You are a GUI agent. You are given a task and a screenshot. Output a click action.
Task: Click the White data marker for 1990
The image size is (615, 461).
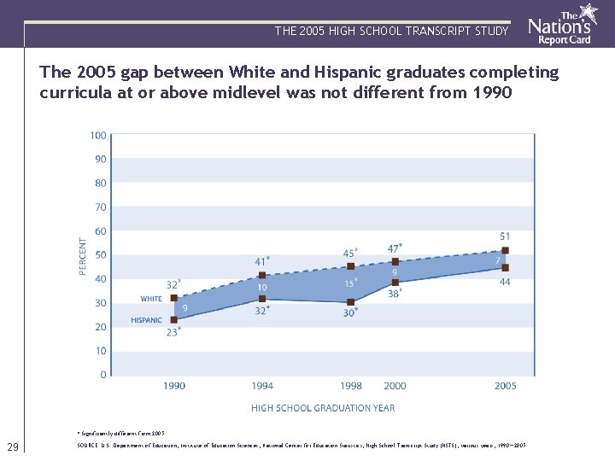[x=174, y=298]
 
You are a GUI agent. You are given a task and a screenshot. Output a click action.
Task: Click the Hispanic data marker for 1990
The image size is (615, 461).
[x=174, y=319]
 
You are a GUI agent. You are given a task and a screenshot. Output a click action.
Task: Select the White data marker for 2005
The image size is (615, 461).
[x=506, y=251]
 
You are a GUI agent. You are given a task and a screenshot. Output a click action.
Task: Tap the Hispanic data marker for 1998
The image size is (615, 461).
[x=351, y=302]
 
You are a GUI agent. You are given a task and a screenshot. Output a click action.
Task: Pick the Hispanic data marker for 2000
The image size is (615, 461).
[x=395, y=283]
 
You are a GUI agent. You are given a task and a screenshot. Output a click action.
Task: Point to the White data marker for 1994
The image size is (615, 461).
[x=262, y=276]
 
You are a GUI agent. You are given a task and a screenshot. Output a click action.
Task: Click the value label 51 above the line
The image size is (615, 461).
[x=505, y=236]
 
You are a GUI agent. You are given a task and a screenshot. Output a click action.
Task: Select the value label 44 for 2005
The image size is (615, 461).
[x=505, y=282]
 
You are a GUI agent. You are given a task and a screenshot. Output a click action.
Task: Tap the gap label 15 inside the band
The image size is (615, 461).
[x=348, y=283]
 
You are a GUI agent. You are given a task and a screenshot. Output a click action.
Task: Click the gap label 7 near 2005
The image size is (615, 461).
[x=497, y=260]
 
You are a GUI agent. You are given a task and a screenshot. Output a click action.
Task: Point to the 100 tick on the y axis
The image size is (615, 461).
[x=97, y=135]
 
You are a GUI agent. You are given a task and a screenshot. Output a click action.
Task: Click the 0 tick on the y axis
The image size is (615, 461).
[x=102, y=375]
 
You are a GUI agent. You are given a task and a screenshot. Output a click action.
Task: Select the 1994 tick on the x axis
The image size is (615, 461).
[x=262, y=387]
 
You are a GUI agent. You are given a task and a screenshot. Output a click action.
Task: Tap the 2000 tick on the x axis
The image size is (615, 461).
[x=395, y=387]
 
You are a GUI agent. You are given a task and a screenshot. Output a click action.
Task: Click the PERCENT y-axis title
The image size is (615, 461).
[x=82, y=256]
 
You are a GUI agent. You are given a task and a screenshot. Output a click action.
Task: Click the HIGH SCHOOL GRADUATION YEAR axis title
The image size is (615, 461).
[x=323, y=408]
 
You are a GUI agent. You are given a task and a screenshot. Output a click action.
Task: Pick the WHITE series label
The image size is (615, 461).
[x=151, y=299]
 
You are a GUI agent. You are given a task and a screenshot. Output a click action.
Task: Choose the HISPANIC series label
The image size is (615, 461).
[x=146, y=320]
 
